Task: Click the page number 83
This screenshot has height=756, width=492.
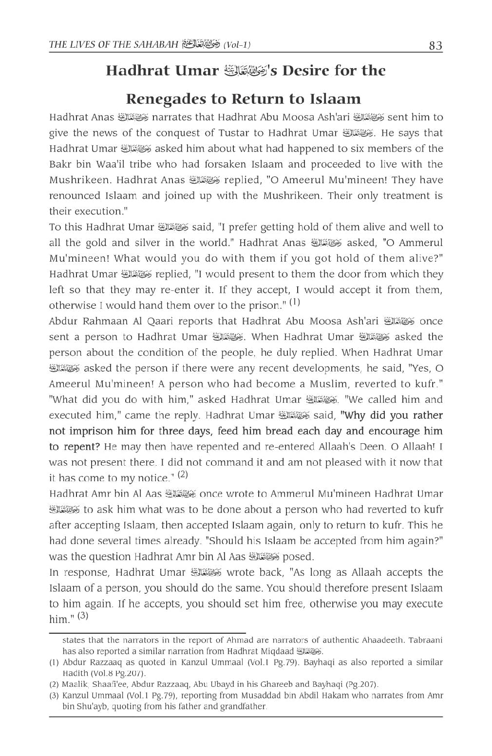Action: click(435, 46)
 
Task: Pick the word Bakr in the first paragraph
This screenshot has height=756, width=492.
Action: click(60, 164)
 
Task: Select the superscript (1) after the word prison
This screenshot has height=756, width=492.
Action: click(295, 302)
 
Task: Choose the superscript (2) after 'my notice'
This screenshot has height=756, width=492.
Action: click(183, 474)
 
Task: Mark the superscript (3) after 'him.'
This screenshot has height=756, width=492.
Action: click(83, 615)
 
